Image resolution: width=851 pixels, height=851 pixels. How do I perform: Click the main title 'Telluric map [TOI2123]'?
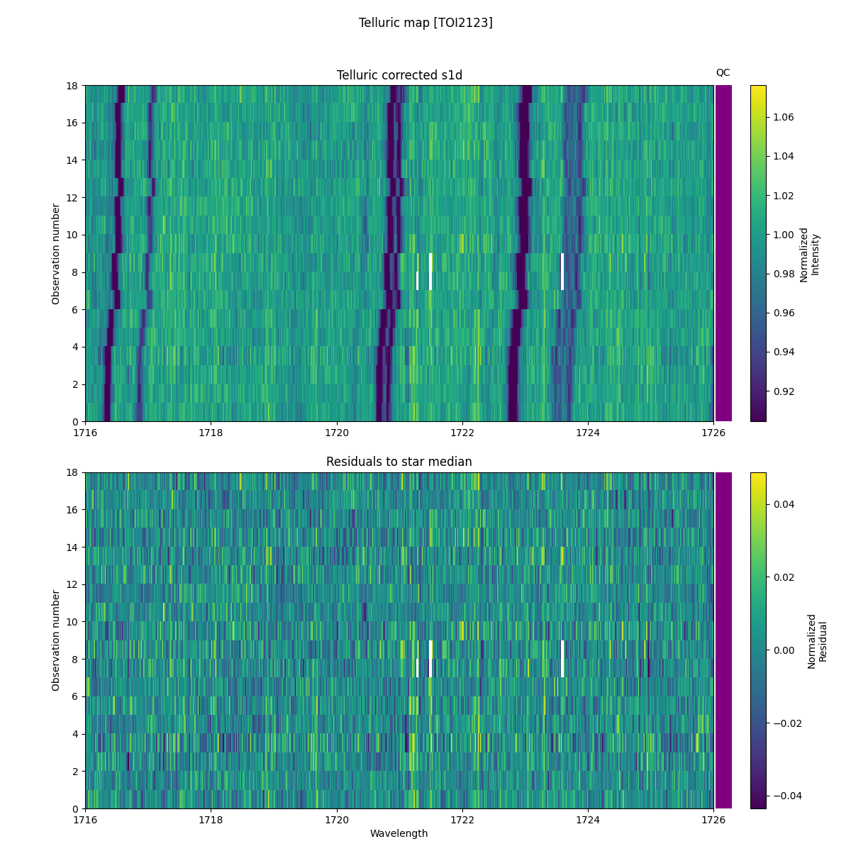pyautogui.click(x=425, y=23)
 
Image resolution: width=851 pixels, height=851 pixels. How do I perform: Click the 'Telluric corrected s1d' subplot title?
pyautogui.click(x=399, y=75)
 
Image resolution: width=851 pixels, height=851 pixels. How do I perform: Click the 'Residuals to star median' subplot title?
pyautogui.click(x=399, y=462)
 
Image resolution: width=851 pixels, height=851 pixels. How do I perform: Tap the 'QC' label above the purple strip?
pyautogui.click(x=723, y=72)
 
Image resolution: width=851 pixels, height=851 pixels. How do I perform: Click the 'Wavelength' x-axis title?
pyautogui.click(x=399, y=833)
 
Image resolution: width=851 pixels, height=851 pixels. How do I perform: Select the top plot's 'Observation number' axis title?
pyautogui.click(x=56, y=253)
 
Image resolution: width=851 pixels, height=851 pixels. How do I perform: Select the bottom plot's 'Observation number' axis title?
pyautogui.click(x=56, y=640)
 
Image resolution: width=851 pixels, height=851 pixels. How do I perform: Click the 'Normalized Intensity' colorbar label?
pyautogui.click(x=809, y=254)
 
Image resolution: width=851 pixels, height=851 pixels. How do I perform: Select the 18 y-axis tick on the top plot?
pyautogui.click(x=72, y=86)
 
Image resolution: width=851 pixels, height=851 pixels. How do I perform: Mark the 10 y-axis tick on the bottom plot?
pyautogui.click(x=72, y=622)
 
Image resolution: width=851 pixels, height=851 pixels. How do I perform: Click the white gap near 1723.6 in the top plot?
pyautogui.click(x=562, y=272)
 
